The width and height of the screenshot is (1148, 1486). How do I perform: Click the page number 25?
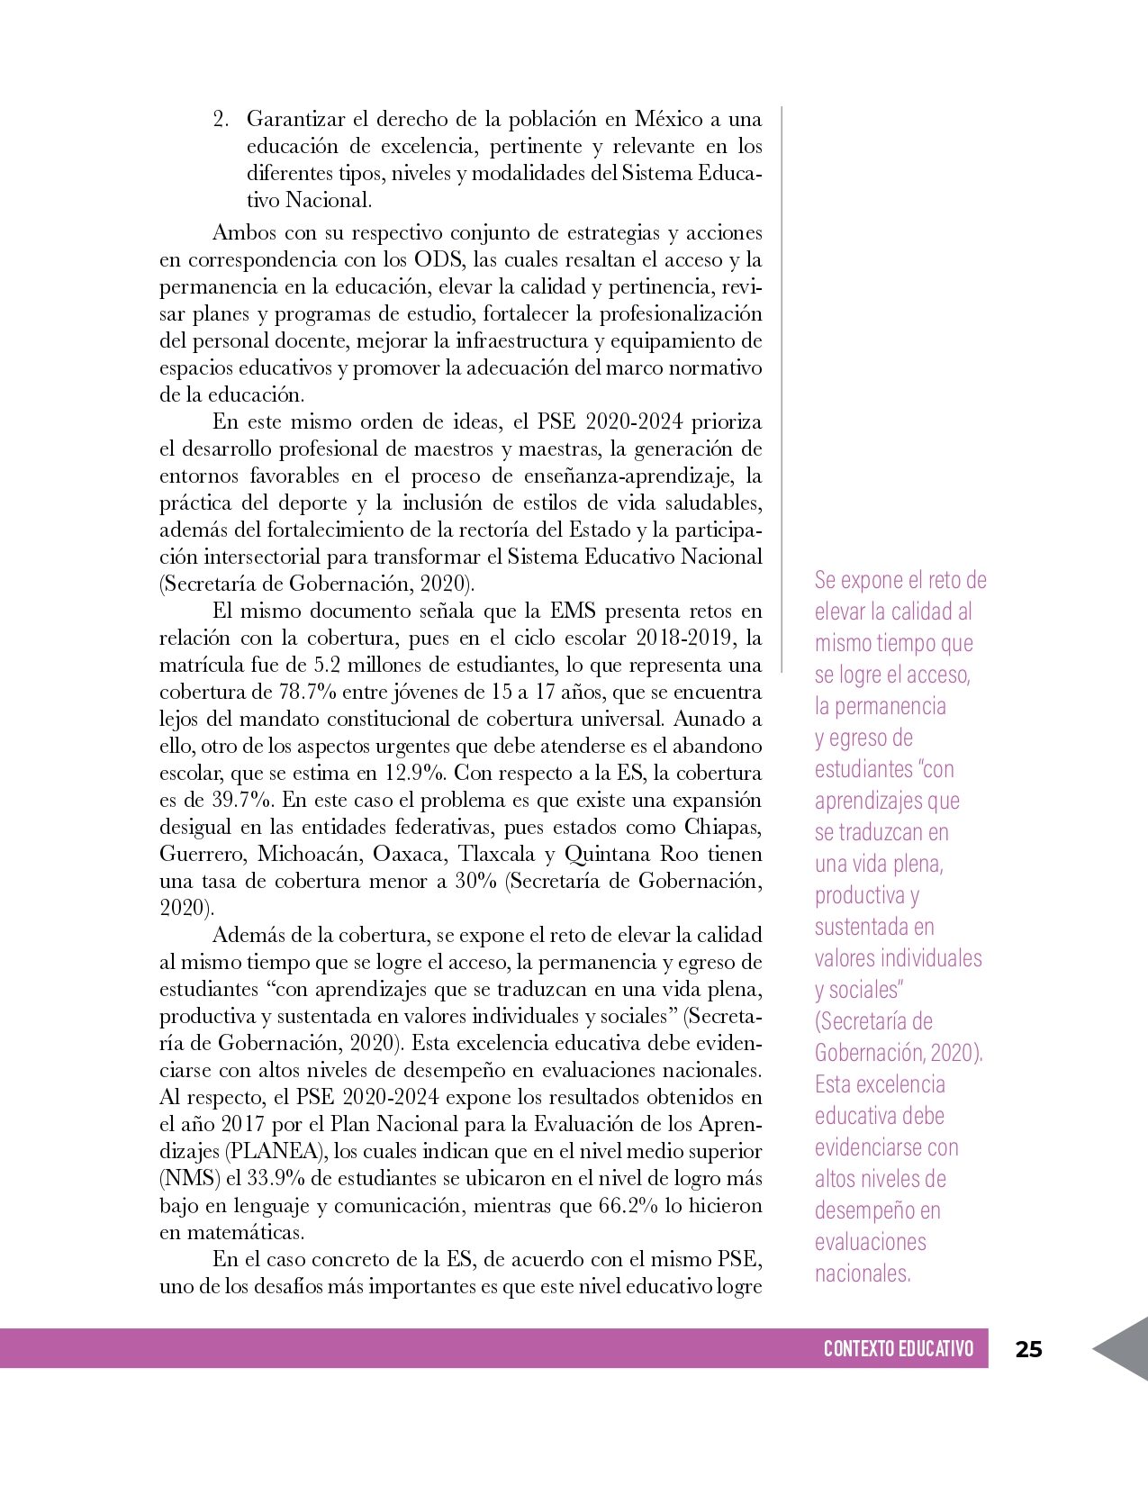point(1028,1348)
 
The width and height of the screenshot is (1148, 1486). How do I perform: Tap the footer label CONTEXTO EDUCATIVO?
point(898,1348)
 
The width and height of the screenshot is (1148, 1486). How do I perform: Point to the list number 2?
point(221,120)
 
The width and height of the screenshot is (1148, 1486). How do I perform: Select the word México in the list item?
point(668,120)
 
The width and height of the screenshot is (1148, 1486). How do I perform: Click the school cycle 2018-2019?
point(686,639)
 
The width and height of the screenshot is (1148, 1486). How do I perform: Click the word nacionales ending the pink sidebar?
point(863,1273)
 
